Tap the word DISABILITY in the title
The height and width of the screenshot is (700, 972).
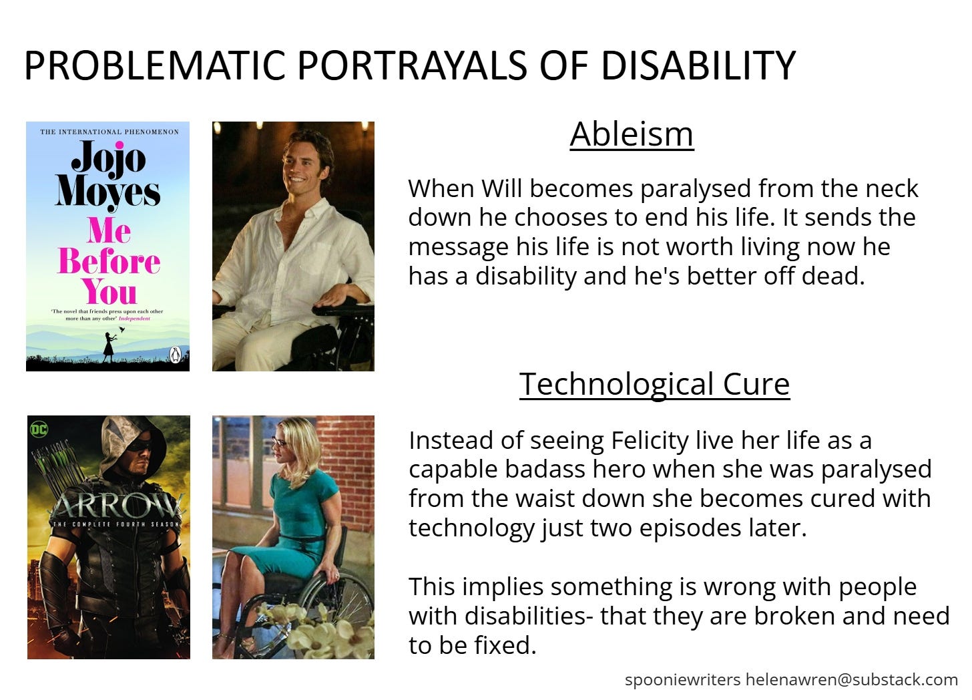pyautogui.click(x=698, y=65)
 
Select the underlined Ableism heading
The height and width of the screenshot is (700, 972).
pyautogui.click(x=632, y=134)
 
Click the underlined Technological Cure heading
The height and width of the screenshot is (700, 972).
pyautogui.click(x=654, y=384)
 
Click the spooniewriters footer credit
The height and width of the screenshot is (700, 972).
pyautogui.click(x=682, y=680)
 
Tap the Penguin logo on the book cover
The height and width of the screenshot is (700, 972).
pyautogui.click(x=176, y=355)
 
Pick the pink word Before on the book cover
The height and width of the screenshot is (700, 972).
pyautogui.click(x=109, y=261)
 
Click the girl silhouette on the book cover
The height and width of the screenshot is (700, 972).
pyautogui.click(x=109, y=346)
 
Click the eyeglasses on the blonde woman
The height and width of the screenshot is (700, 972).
pyautogui.click(x=278, y=442)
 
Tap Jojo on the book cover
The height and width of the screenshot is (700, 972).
pyautogui.click(x=108, y=158)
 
